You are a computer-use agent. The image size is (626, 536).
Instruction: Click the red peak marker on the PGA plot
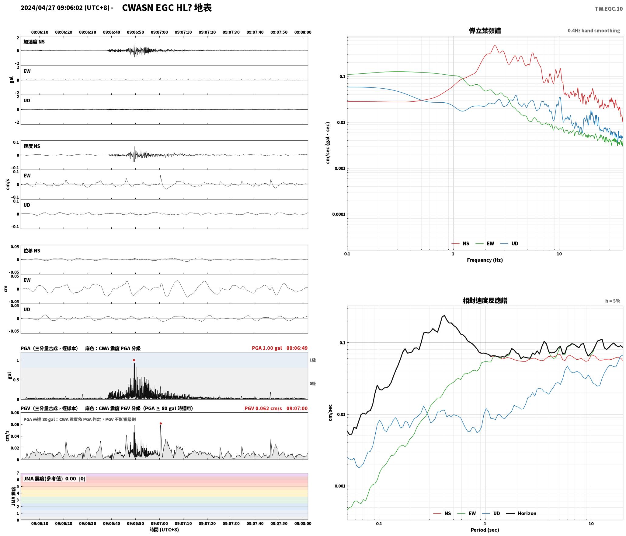pos(134,360)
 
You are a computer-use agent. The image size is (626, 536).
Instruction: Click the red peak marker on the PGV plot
pos(161,423)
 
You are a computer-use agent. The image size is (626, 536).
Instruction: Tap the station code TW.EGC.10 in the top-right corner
pos(609,9)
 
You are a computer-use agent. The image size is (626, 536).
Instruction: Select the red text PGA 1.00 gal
pos(267,348)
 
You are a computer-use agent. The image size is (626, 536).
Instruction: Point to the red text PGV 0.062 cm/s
pos(263,408)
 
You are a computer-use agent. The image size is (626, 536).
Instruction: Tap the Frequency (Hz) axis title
pos(485,260)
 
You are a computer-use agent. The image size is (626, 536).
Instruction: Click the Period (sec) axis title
pos(485,530)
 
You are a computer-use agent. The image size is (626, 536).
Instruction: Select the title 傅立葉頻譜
pos(485,30)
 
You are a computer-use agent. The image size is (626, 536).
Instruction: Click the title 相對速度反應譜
pos(485,300)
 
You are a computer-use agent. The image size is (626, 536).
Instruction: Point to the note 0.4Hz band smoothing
pos(594,30)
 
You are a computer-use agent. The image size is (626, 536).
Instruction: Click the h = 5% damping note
pos(613,301)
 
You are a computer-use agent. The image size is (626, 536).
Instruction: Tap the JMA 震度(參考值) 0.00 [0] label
pos(54,478)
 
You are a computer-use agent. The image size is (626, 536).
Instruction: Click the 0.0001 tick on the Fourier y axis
pos(339,214)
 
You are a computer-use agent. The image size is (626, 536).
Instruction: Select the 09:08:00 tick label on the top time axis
pos(303,32)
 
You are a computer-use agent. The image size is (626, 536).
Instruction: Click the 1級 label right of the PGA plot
pos(312,360)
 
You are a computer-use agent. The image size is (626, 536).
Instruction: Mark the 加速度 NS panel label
pos(34,42)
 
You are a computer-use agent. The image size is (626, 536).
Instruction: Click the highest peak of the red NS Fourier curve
pos(495,46)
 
